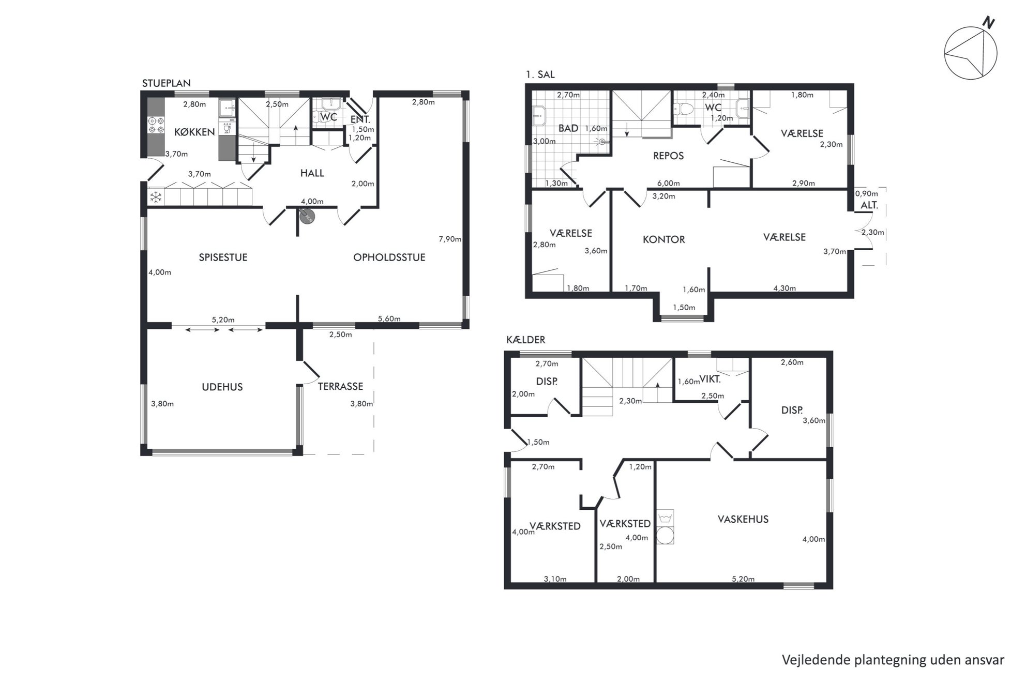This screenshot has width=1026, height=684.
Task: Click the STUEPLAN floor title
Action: click(167, 83)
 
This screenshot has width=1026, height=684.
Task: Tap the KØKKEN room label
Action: click(194, 132)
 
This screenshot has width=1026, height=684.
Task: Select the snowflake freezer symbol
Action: click(156, 197)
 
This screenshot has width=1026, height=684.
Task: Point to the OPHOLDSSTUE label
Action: click(389, 257)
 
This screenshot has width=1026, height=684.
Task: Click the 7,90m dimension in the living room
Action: click(450, 239)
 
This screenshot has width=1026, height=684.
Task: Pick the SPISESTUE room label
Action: click(223, 257)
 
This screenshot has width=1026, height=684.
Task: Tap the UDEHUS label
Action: click(222, 387)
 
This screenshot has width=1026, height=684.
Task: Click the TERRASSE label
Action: click(340, 386)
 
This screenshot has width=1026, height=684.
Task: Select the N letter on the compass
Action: click(989, 23)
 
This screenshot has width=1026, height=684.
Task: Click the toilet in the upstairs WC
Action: click(685, 109)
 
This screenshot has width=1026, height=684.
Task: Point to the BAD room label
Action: click(568, 128)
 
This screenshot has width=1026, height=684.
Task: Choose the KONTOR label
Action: click(664, 239)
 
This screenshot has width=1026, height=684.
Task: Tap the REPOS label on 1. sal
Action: click(669, 156)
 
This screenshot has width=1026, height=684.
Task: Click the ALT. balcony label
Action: click(869, 205)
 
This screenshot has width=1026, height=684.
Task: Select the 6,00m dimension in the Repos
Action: click(669, 183)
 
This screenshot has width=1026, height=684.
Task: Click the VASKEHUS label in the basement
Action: click(743, 519)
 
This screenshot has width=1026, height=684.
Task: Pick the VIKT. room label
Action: click(710, 379)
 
